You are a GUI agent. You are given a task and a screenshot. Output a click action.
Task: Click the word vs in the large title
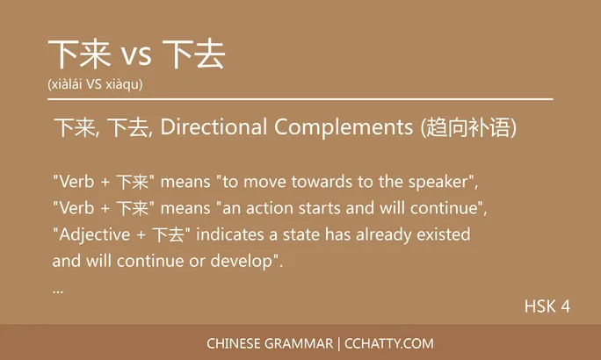tap(135, 56)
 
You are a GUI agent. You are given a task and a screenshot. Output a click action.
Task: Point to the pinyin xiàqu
tap(123, 84)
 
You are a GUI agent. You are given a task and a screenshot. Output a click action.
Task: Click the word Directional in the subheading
tap(214, 127)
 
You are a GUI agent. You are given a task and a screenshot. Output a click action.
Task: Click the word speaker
tap(437, 182)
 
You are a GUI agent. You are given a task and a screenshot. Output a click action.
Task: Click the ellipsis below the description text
tap(58, 289)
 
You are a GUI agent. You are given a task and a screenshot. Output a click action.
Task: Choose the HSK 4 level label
tap(547, 306)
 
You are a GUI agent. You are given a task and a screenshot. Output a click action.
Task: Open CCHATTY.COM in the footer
tap(389, 343)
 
